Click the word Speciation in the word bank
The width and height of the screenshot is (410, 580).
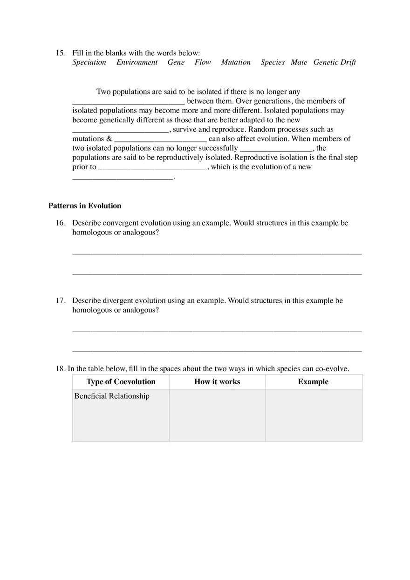coord(89,62)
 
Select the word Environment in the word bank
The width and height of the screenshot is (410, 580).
coord(137,62)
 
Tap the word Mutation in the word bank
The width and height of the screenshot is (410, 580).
coord(236,62)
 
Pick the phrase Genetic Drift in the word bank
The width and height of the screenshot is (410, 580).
coord(335,62)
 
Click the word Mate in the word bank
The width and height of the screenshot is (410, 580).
coord(299,62)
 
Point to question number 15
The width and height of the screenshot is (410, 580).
coord(61,53)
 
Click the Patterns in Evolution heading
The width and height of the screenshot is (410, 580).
coord(85,206)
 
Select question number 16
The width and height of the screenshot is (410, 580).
coord(61,223)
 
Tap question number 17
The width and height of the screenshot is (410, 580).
coord(61,300)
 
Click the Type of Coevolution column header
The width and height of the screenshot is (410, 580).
coord(121,382)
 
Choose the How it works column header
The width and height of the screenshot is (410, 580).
coord(217,382)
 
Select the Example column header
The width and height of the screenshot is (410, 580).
coord(313,382)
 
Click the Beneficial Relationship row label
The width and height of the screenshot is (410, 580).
coord(112,396)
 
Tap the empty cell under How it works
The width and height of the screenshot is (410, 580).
coord(217,415)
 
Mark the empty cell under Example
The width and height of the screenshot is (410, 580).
coord(314,415)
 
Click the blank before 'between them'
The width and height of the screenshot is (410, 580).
coord(129,102)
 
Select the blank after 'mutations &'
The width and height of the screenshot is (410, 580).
coord(160,140)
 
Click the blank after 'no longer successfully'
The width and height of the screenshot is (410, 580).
coord(276,149)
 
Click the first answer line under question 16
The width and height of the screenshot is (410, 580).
coord(217,253)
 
